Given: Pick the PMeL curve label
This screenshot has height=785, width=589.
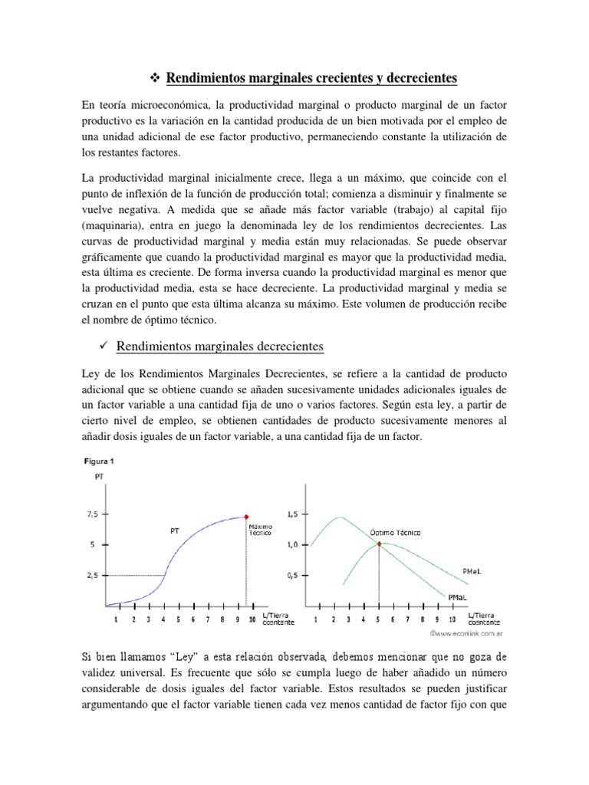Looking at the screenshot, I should point(472,570).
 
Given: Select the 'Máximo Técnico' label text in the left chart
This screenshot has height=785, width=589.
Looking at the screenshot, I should point(258,529).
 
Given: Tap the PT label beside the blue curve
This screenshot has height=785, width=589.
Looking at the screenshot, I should point(176,530).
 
